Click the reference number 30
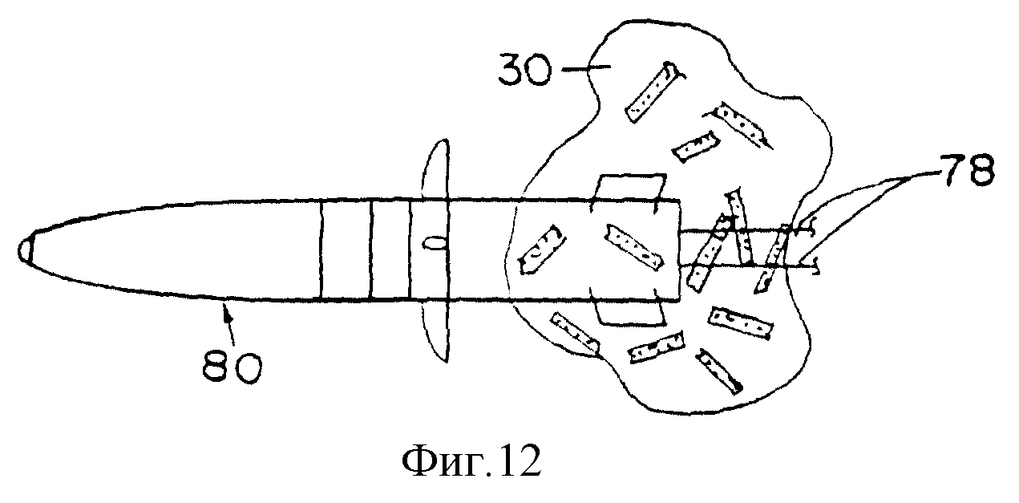point(525,70)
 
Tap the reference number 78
point(967,170)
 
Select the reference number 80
point(233,367)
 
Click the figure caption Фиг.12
point(471,460)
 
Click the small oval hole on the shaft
point(434,245)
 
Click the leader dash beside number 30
point(587,68)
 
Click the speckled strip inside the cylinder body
point(633,246)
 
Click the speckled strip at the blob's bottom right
point(720,371)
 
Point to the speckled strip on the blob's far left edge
point(542,249)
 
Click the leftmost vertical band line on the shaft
point(321,250)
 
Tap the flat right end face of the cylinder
point(680,250)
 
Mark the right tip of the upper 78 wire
point(815,228)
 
